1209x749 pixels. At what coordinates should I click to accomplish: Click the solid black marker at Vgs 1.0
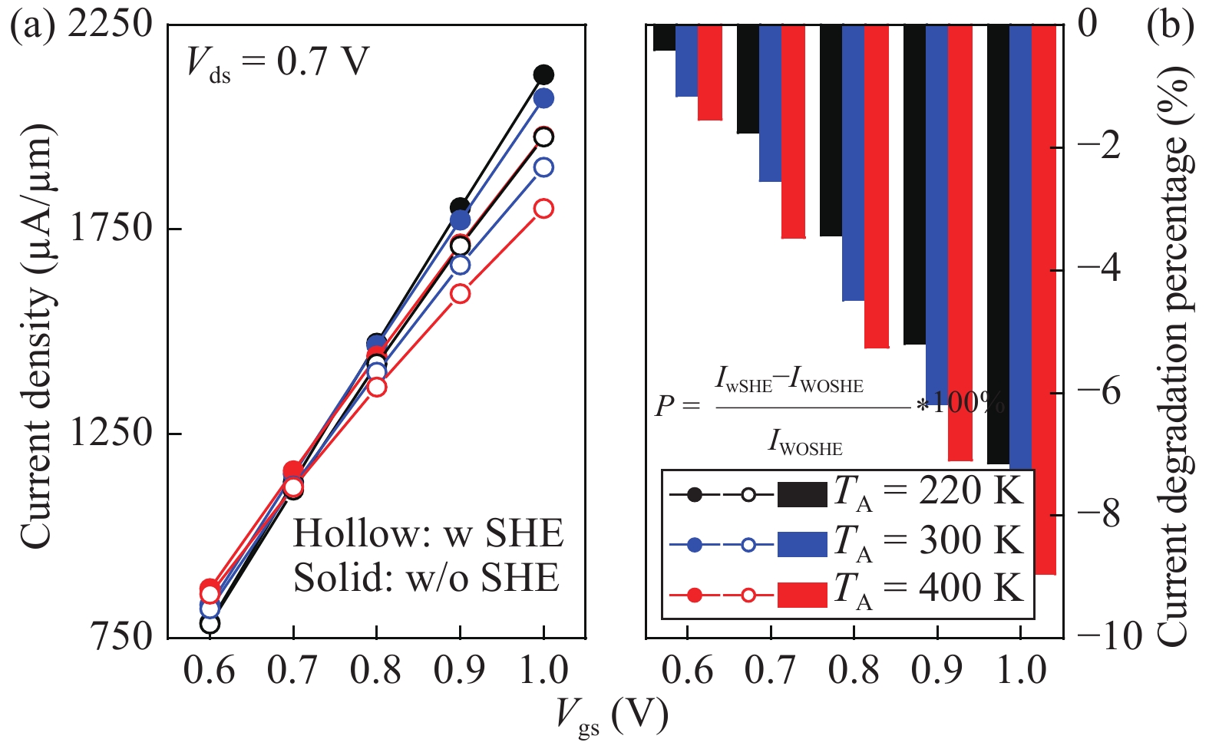[x=543, y=74]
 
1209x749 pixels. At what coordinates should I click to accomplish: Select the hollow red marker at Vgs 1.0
[x=543, y=209]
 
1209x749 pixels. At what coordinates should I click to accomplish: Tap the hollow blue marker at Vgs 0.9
[x=460, y=265]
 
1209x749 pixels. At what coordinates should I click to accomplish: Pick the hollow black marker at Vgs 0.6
[x=210, y=624]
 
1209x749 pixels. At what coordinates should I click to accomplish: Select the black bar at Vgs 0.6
[x=664, y=38]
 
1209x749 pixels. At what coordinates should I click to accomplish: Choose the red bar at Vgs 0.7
[x=793, y=131]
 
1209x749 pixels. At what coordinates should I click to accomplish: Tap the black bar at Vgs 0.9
[x=914, y=184]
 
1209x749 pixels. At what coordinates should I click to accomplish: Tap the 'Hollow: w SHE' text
[x=428, y=533]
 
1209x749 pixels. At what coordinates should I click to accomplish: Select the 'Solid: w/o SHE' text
[x=426, y=578]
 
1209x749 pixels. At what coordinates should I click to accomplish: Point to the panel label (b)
[x=1170, y=25]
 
